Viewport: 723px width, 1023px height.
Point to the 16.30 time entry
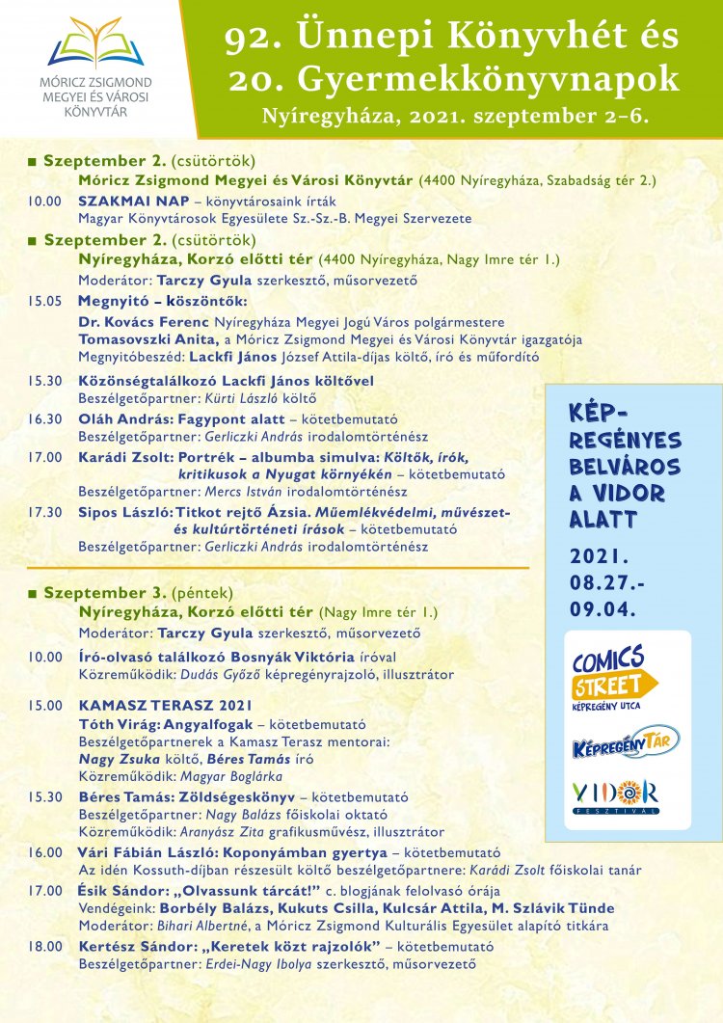click(44, 419)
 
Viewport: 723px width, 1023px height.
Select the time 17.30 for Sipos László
click(44, 512)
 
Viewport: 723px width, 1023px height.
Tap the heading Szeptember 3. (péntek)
click(137, 592)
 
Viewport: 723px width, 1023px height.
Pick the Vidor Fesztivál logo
click(615, 795)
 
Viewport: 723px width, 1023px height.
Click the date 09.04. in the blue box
click(602, 609)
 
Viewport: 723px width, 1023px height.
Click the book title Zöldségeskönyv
click(234, 796)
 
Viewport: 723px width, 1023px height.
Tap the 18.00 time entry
click(44, 945)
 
